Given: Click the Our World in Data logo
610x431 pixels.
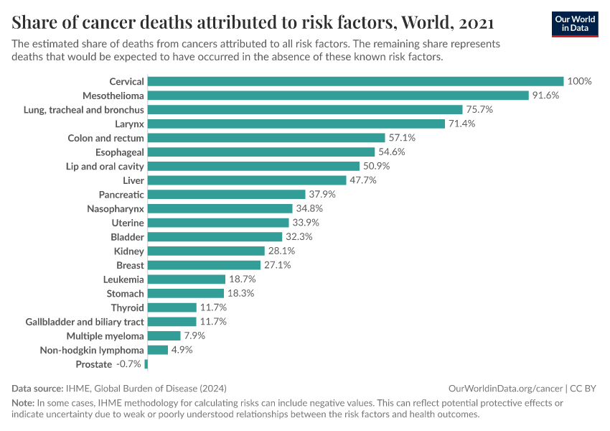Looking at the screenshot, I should (x=574, y=24).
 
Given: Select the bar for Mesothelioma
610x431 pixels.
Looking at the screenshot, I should (x=338, y=96).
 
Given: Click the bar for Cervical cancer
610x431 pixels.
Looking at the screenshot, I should (x=355, y=81).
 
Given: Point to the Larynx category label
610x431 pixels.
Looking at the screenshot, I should (x=129, y=124).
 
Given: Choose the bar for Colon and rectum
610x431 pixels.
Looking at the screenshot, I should (x=266, y=138).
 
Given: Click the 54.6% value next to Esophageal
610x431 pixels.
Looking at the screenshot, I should (x=392, y=152).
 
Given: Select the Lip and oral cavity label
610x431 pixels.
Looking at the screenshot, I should (x=105, y=166).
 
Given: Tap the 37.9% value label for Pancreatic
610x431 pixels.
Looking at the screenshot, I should (x=322, y=195).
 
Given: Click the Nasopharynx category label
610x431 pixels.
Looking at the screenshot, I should (x=116, y=208).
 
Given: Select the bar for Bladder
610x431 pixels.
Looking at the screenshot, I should (x=215, y=237).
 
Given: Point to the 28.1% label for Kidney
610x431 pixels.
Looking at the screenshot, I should (x=281, y=251).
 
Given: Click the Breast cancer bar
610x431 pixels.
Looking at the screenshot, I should (x=204, y=265).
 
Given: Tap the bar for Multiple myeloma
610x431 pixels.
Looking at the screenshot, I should (x=164, y=336).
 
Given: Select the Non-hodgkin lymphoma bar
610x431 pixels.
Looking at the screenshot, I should (x=157, y=350).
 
